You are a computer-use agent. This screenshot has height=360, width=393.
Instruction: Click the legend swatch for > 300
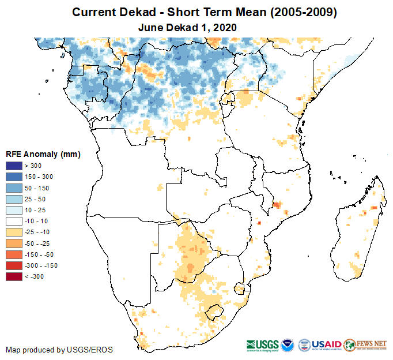tap(14, 166)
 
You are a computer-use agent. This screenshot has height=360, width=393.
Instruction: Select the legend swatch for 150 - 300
tap(14, 177)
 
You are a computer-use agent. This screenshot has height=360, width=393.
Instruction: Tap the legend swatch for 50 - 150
tap(14, 188)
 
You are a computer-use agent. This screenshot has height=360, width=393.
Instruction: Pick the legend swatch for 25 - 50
tap(14, 199)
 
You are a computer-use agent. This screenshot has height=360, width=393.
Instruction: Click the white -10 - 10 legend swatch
tap(14, 221)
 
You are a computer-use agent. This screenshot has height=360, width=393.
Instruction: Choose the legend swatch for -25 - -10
tap(14, 232)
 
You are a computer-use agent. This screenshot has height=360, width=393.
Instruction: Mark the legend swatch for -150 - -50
tap(14, 254)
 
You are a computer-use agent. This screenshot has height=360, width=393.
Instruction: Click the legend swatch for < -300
tap(14, 276)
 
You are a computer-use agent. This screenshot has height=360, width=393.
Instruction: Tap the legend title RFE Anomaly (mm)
tap(43, 154)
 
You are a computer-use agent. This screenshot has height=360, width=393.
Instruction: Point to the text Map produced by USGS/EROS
tap(59, 350)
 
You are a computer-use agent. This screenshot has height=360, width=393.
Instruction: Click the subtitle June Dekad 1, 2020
tap(188, 27)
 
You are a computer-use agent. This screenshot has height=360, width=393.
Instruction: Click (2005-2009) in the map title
tap(294, 12)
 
